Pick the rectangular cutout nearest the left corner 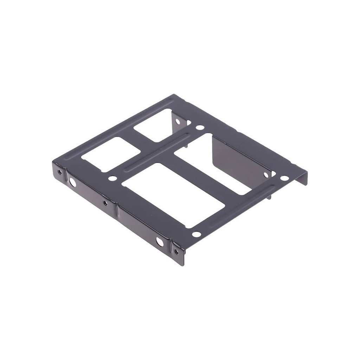[x=111, y=154]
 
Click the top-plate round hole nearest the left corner [x=112, y=178]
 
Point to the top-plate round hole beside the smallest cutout [x=200, y=128]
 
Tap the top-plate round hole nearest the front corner [x=197, y=234]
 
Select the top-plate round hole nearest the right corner [x=284, y=178]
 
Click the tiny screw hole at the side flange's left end [x=60, y=172]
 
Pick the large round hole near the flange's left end [x=72, y=182]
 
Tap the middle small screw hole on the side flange [x=105, y=203]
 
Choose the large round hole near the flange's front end [x=160, y=242]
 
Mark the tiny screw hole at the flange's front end [x=176, y=251]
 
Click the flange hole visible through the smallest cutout [x=178, y=122]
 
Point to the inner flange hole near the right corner [x=266, y=175]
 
